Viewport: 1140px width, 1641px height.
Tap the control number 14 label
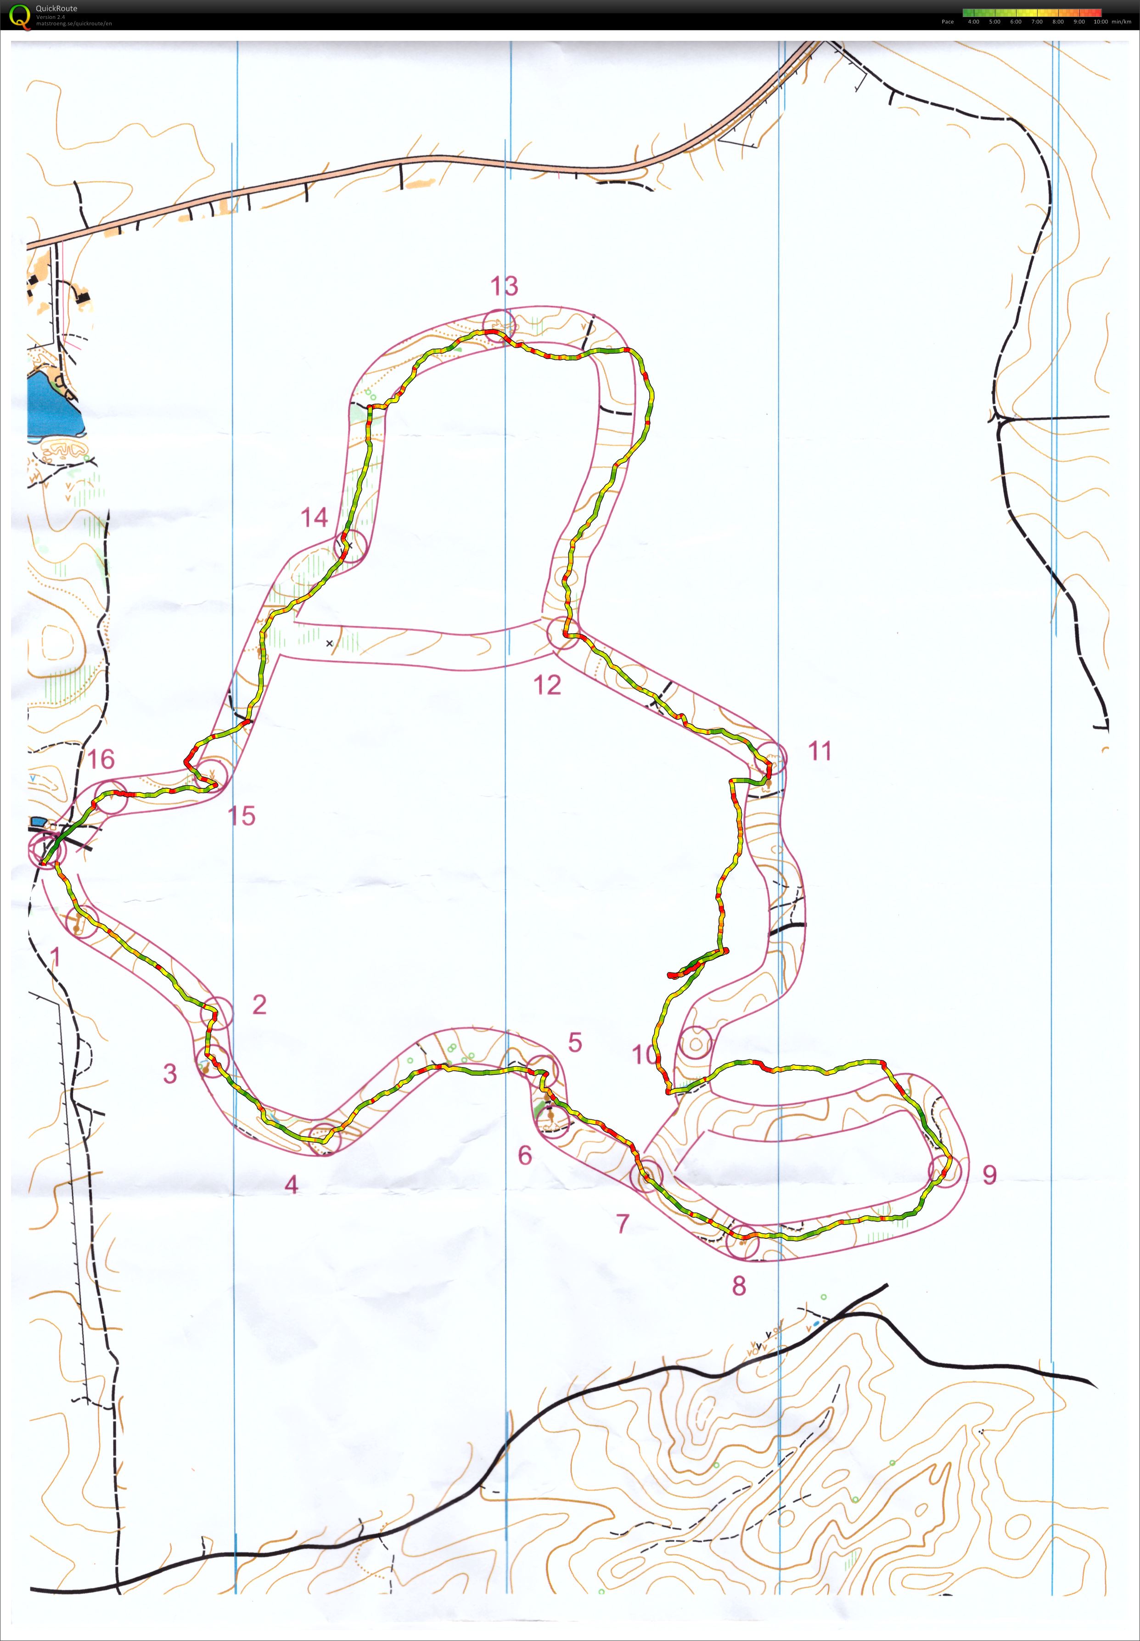point(314,517)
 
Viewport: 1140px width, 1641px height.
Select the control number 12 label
point(547,685)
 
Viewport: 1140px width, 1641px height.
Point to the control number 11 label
point(819,751)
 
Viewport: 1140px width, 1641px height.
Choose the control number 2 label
point(259,1005)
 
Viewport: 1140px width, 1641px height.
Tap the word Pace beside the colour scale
point(947,22)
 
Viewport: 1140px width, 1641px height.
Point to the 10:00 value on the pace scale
point(1101,22)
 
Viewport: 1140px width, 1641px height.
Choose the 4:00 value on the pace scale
point(973,22)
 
